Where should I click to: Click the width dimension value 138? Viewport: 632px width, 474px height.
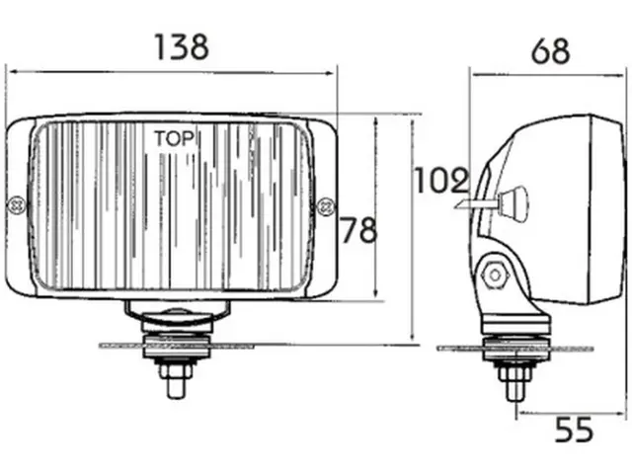[x=181, y=45]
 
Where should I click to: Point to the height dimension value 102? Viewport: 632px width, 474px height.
[x=440, y=180]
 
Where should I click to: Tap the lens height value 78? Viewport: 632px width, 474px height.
[x=358, y=231]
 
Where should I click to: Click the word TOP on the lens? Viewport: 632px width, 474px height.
[x=174, y=137]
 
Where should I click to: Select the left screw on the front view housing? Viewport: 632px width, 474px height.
[x=16, y=205]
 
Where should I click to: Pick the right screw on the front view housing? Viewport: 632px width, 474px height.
[x=326, y=205]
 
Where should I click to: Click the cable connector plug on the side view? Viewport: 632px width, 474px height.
[x=512, y=204]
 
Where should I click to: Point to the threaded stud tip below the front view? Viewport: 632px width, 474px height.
[x=174, y=385]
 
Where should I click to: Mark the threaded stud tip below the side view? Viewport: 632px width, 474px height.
[x=514, y=391]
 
